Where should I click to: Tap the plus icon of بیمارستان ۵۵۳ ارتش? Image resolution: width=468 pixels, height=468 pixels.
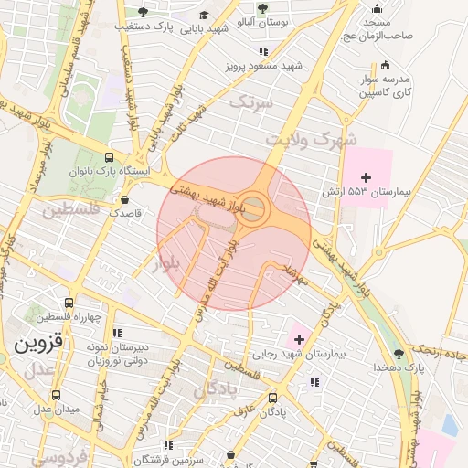367,176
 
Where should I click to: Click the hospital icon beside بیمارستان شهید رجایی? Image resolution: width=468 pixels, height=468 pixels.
299,338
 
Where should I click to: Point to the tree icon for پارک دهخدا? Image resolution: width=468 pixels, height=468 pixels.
398,353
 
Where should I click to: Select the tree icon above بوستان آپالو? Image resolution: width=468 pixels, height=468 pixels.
262,7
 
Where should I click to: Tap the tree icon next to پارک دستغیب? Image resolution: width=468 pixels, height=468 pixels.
142,11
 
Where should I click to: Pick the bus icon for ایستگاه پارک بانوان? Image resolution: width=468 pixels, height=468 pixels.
110,155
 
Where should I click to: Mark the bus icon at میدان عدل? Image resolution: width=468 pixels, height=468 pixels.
57,396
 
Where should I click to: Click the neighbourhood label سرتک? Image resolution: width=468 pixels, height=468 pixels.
251,102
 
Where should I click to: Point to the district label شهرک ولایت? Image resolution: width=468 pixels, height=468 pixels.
309,139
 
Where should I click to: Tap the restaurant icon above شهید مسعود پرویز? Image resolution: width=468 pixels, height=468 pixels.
263,52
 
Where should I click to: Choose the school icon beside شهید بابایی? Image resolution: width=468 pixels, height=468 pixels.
203,15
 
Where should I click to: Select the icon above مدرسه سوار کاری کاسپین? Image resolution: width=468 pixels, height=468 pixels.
385,65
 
